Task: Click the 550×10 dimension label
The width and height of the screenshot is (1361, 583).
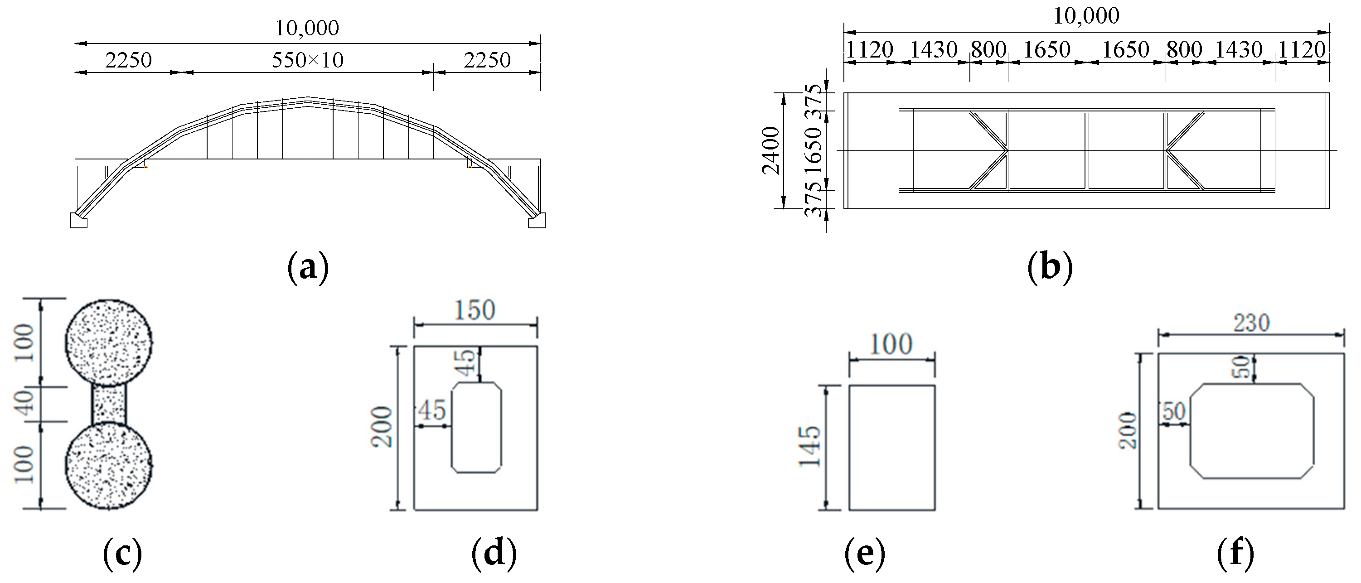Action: coord(307,60)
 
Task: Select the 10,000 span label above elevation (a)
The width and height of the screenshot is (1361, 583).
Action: coord(307,28)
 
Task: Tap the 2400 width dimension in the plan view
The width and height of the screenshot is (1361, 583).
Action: coord(771,150)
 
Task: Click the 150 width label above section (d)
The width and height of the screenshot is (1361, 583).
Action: coord(475,310)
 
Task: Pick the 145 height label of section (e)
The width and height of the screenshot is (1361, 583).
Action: coord(809,447)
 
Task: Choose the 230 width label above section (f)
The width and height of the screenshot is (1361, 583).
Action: coord(1252,323)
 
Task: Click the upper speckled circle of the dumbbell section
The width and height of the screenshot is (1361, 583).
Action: coord(109,342)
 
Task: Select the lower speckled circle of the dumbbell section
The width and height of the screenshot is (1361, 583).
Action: coord(109,466)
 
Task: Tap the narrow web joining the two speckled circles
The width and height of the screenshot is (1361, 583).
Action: coord(109,405)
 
